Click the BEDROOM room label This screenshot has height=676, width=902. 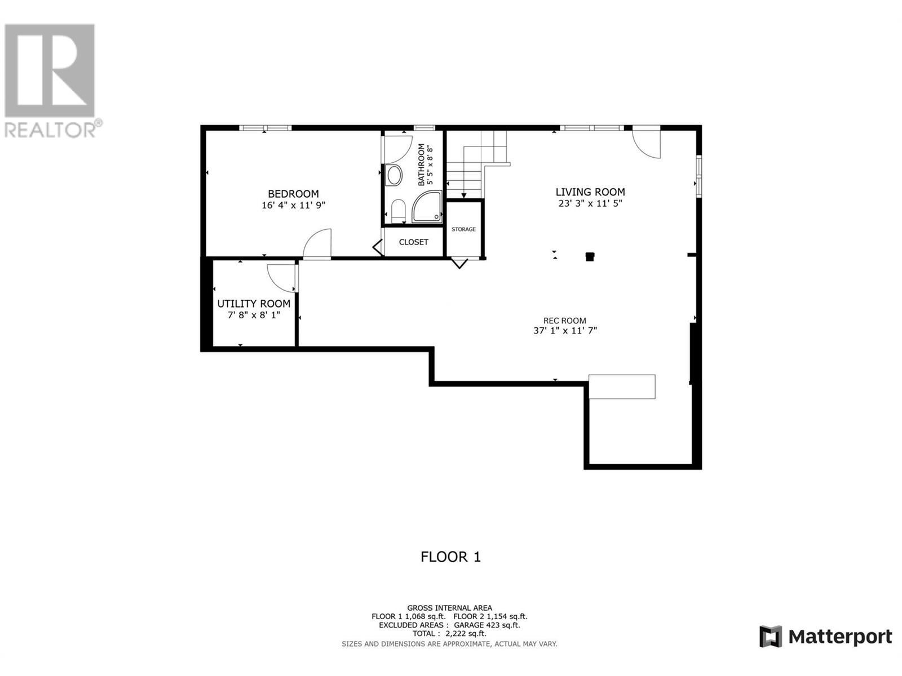(293, 194)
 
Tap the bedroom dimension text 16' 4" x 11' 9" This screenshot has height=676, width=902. (293, 206)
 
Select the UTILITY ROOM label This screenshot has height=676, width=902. (254, 304)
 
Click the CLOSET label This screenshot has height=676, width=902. (413, 242)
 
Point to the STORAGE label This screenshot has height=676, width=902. (463, 229)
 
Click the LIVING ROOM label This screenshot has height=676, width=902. (590, 192)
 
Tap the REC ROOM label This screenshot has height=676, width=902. (564, 321)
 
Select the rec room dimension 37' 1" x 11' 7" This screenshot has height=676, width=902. (565, 331)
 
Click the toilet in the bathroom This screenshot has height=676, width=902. (398, 211)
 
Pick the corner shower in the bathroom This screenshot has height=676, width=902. (427, 207)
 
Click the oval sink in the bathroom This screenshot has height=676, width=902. (394, 175)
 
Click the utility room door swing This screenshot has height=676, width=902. (280, 277)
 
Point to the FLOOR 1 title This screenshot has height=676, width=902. (450, 557)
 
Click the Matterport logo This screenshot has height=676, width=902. (825, 637)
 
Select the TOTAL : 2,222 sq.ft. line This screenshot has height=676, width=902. (449, 634)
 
